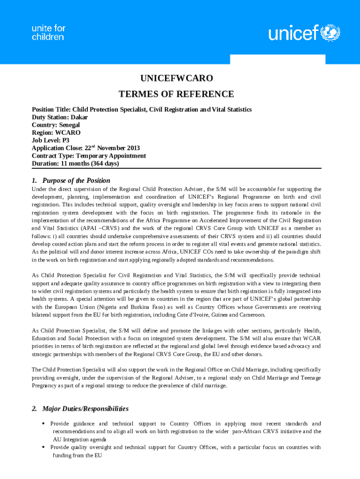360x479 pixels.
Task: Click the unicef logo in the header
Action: coord(304,33)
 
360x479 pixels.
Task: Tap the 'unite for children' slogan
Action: coord(48,32)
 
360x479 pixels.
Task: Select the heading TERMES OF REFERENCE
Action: coord(176,94)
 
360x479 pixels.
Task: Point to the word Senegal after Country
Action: coord(69,125)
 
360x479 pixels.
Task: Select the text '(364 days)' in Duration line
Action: coord(102,164)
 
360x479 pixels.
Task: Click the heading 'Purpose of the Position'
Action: coord(76,181)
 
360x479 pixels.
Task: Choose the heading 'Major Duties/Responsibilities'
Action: coord(86,409)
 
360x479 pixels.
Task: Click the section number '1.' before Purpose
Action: coord(35,181)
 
